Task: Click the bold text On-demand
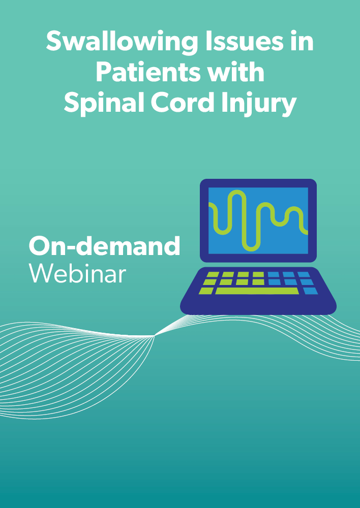tap(104, 245)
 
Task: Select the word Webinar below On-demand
tap(77, 273)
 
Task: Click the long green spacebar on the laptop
tap(257, 291)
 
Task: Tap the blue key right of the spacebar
tap(310, 291)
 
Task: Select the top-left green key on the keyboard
tap(213, 275)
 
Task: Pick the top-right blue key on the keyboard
tap(304, 275)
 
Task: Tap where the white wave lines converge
tap(155, 336)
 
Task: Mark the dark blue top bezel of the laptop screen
tap(258, 183)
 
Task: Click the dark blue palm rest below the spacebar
tap(258, 304)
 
